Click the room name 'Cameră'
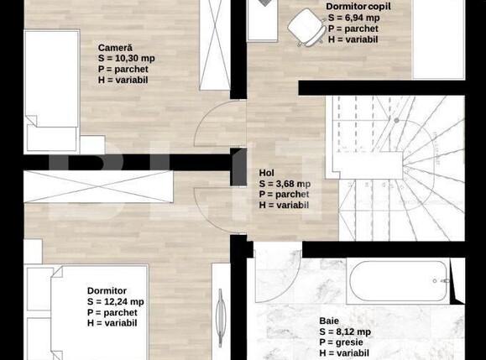coord(115,47)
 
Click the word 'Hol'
coord(267,173)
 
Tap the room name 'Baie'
coord(330,321)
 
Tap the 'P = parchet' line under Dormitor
coord(115,312)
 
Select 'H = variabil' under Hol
coord(285,205)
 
